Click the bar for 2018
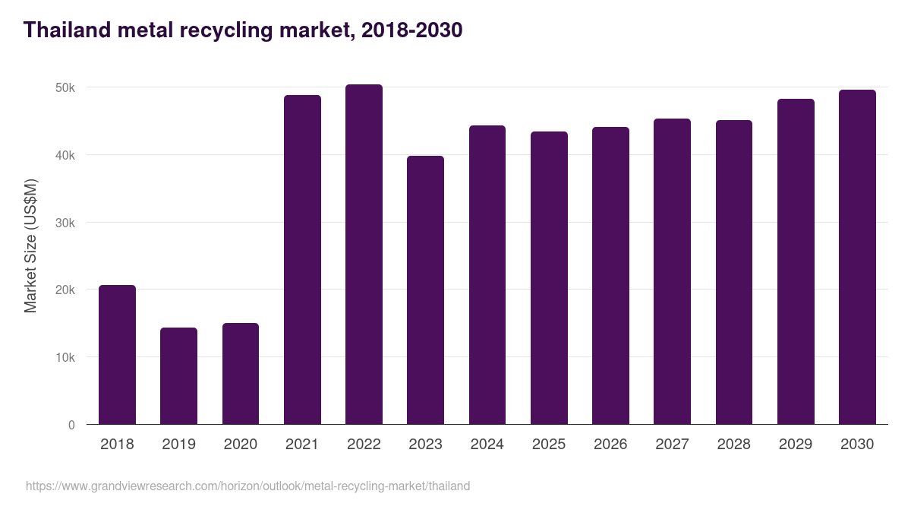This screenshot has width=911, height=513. [117, 355]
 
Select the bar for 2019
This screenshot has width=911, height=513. [178, 376]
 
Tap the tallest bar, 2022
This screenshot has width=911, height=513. [364, 255]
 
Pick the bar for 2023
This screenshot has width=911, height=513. [425, 290]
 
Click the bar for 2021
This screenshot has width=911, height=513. [302, 260]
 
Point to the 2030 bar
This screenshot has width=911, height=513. [857, 257]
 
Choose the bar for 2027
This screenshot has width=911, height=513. [672, 271]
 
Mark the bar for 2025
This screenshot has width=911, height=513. [549, 278]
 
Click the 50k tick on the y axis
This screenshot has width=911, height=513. [65, 88]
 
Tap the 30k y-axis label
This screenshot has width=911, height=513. [65, 223]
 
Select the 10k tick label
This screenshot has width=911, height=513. [65, 357]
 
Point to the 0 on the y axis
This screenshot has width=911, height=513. [71, 425]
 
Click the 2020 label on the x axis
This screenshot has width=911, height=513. [240, 445]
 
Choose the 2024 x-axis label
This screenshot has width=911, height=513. [487, 445]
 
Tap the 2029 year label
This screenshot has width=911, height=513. [796, 445]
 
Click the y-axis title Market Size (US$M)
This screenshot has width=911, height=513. [30, 245]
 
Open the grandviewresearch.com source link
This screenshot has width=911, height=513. [247, 486]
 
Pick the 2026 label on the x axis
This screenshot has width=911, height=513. [610, 445]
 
